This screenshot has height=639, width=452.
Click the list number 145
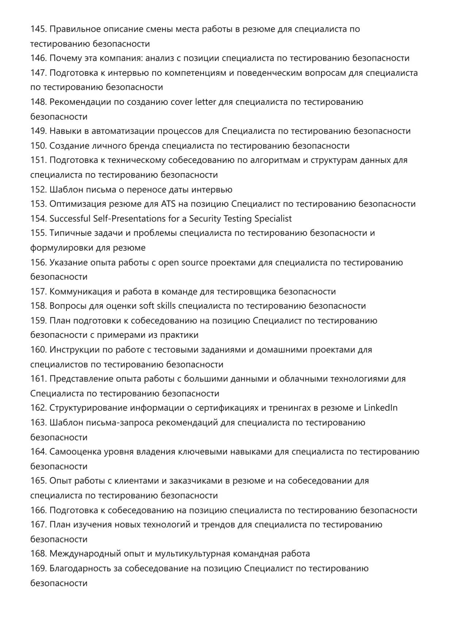(x=38, y=29)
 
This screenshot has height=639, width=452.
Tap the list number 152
(x=38, y=190)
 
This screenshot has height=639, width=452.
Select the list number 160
(x=38, y=350)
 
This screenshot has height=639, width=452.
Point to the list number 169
(x=38, y=569)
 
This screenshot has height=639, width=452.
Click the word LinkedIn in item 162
(x=380, y=408)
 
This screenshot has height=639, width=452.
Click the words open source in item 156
(x=178, y=262)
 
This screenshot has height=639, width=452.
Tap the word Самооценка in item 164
(x=75, y=452)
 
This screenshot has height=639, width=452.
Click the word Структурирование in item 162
(x=89, y=408)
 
